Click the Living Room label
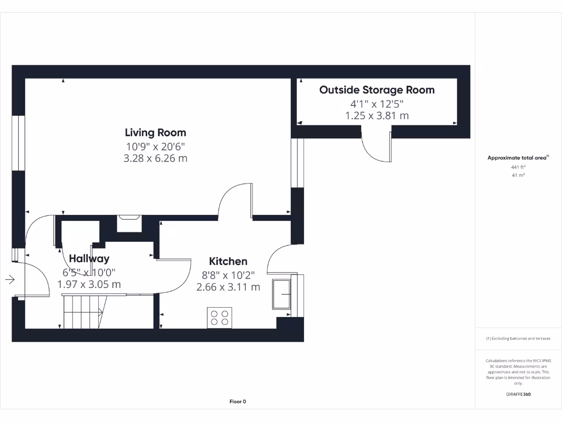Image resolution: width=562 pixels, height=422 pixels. pyautogui.click(x=155, y=132)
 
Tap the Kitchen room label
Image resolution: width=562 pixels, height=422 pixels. pyautogui.click(x=228, y=262)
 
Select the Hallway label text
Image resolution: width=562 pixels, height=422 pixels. pyautogui.click(x=89, y=259)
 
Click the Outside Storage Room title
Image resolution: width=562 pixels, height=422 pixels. pyautogui.click(x=376, y=90)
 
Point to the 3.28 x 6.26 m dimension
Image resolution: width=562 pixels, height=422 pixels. pyautogui.click(x=155, y=159)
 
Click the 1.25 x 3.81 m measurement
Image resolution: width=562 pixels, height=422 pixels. pyautogui.click(x=376, y=115)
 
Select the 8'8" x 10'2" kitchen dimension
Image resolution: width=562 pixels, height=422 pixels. pyautogui.click(x=228, y=275)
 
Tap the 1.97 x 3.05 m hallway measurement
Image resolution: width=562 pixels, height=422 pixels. pyautogui.click(x=89, y=284)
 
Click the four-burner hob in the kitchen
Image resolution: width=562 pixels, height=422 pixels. pyautogui.click(x=220, y=318)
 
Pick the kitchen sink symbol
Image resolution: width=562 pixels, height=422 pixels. pyautogui.click(x=282, y=296)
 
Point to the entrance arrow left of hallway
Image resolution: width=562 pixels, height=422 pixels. pyautogui.click(x=10, y=280)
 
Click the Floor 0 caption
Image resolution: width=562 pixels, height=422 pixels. pyautogui.click(x=238, y=402)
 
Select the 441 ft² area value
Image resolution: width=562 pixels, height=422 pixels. pyautogui.click(x=518, y=167)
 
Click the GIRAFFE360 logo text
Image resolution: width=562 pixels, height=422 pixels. pyautogui.click(x=518, y=394)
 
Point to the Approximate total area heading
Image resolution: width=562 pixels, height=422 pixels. pyautogui.click(x=518, y=158)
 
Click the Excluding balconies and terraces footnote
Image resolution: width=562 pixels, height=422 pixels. pyautogui.click(x=518, y=338)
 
